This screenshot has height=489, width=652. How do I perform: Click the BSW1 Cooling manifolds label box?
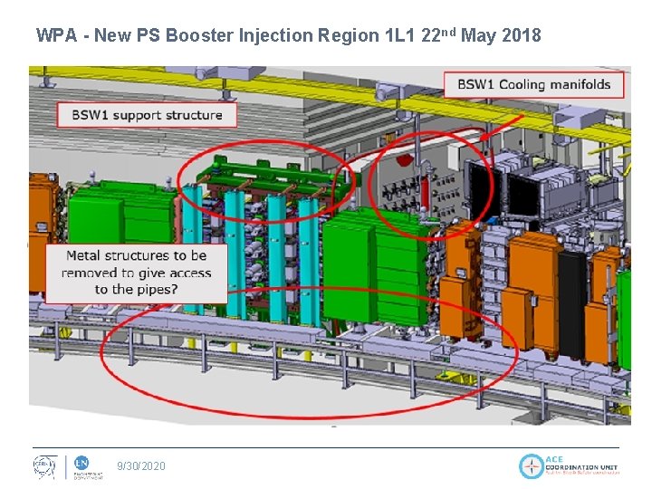point(533,85)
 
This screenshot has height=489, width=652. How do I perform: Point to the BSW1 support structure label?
point(148,115)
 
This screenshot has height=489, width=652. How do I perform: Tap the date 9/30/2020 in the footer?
point(141,465)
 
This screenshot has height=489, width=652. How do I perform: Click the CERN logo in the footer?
point(44,465)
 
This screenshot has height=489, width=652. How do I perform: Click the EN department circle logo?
point(80,462)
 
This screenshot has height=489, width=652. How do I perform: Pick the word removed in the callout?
point(92,273)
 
